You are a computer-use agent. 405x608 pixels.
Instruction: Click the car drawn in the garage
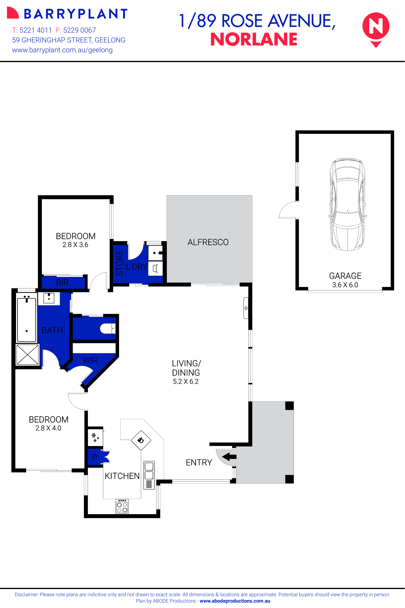348,205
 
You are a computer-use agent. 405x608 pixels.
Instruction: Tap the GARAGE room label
345,276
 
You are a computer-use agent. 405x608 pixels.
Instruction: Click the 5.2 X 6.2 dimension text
186,381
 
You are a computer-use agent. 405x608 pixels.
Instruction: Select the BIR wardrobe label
63,283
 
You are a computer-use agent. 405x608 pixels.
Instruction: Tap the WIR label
90,360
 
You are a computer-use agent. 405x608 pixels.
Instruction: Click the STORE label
120,263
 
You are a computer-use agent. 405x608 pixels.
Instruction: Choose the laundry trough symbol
155,269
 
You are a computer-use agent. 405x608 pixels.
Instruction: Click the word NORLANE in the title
254,39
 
